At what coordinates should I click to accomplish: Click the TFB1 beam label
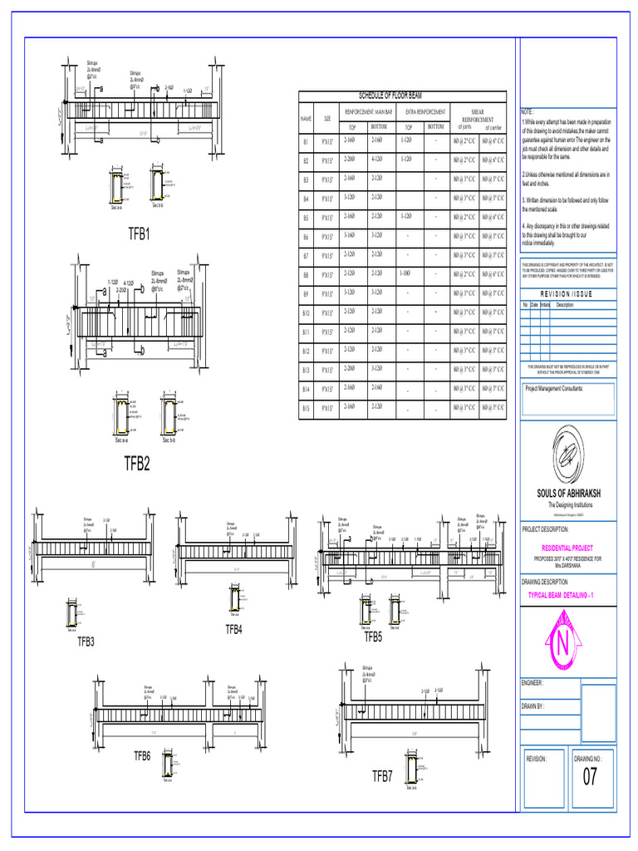139,234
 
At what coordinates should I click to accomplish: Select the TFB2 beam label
137,463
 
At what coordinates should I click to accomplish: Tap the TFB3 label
86,641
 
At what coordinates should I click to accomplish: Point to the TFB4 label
234,630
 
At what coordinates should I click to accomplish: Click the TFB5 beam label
373,637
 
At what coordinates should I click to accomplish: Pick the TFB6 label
142,755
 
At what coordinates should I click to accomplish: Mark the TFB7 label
382,776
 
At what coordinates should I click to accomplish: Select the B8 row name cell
306,274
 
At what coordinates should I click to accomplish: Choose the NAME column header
306,119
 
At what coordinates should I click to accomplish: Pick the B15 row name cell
306,407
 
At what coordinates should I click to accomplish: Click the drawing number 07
590,778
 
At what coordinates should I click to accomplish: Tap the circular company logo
568,460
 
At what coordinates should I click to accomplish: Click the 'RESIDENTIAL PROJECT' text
568,548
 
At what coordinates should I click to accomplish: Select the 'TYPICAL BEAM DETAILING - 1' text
568,597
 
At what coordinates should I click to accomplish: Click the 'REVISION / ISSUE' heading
568,294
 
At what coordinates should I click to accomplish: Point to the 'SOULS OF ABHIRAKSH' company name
568,494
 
